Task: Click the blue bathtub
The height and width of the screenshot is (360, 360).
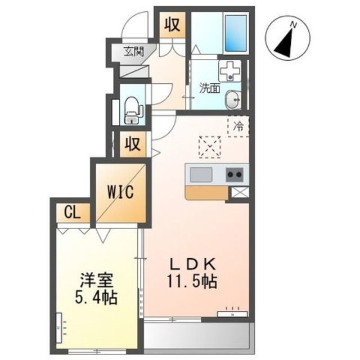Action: [236, 33]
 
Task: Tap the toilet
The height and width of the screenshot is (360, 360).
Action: [132, 110]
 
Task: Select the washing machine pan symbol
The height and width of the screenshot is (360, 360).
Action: [230, 70]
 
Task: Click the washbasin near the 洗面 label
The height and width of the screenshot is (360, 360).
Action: [233, 100]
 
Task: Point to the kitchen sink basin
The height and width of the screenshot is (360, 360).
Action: [201, 175]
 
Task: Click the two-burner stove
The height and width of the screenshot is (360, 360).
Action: [235, 175]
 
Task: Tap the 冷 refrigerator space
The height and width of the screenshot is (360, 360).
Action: [238, 126]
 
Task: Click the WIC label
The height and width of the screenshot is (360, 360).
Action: [120, 192]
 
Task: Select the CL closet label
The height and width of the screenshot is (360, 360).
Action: [73, 213]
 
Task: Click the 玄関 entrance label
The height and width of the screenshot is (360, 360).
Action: [134, 52]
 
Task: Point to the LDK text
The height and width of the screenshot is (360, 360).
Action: [192, 264]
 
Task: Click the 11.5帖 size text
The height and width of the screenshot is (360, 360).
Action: [192, 281]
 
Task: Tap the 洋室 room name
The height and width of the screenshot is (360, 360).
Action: [96, 280]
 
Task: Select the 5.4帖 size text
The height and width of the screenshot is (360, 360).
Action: [96, 298]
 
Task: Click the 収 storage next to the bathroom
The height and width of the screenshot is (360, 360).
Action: [173, 25]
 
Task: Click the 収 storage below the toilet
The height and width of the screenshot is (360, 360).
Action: [133, 145]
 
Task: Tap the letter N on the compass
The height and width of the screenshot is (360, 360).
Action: [293, 24]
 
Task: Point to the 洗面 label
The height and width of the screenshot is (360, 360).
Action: [210, 88]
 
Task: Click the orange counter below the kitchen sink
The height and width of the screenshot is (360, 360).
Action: [206, 193]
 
